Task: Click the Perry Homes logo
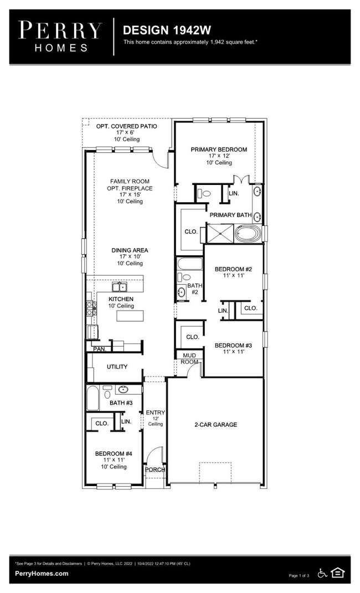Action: tap(60, 36)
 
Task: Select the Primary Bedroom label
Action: tap(219, 149)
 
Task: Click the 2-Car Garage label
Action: tap(215, 425)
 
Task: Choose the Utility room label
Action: tap(117, 367)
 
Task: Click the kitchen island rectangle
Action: tap(130, 316)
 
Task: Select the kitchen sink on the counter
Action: tap(120, 287)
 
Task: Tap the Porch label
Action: tap(155, 470)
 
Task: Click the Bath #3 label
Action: tap(121, 403)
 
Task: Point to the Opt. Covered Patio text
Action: tap(126, 126)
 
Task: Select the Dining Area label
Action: tap(130, 250)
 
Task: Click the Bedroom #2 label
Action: tap(233, 270)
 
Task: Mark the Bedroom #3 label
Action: tap(233, 346)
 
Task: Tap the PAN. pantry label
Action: tap(99, 349)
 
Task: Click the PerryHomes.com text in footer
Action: tap(42, 574)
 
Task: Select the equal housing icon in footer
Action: tap(337, 573)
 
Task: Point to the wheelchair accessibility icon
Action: tap(322, 573)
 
